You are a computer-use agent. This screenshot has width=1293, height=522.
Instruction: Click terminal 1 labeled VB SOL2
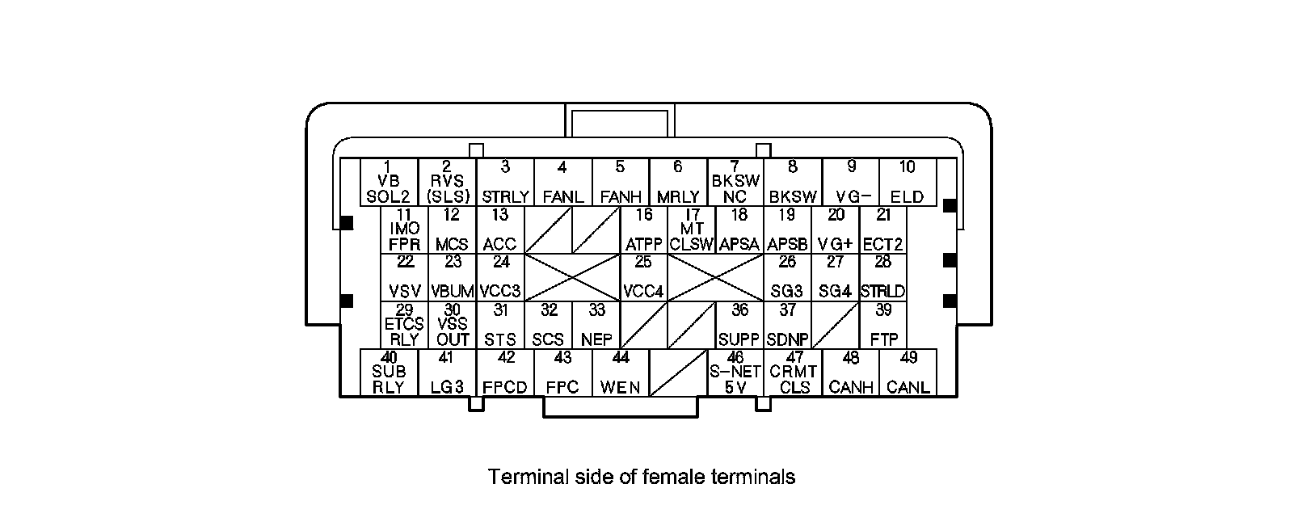click(x=389, y=182)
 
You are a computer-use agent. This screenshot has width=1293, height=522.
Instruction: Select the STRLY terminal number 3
click(x=505, y=182)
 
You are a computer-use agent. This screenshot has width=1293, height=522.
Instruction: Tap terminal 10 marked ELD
click(x=908, y=182)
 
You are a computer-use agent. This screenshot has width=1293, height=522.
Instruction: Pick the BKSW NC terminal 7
click(x=735, y=182)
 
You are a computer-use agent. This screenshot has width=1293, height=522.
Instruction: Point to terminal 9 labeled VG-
click(x=851, y=182)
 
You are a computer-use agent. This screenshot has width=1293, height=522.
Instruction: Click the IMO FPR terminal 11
click(x=404, y=229)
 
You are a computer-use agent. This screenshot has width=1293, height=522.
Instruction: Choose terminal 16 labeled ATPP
click(x=644, y=229)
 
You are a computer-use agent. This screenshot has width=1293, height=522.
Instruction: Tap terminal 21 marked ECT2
click(x=883, y=229)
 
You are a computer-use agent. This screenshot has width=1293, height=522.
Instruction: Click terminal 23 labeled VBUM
click(x=453, y=277)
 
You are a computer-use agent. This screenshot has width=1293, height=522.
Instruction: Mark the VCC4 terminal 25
click(x=644, y=277)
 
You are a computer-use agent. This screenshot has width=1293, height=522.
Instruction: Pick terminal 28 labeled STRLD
click(x=883, y=277)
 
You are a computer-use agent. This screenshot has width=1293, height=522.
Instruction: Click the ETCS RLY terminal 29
click(x=404, y=325)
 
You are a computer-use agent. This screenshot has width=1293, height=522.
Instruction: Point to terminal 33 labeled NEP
click(x=596, y=325)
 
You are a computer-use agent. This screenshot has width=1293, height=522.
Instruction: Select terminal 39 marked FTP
click(x=883, y=325)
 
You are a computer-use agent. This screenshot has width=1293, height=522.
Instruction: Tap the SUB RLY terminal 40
click(x=389, y=373)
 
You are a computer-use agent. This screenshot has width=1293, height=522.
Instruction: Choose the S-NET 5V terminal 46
click(x=735, y=373)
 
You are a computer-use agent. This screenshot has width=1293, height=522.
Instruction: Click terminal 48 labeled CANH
click(x=851, y=373)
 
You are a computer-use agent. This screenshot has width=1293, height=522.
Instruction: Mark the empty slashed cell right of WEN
click(x=678, y=373)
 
